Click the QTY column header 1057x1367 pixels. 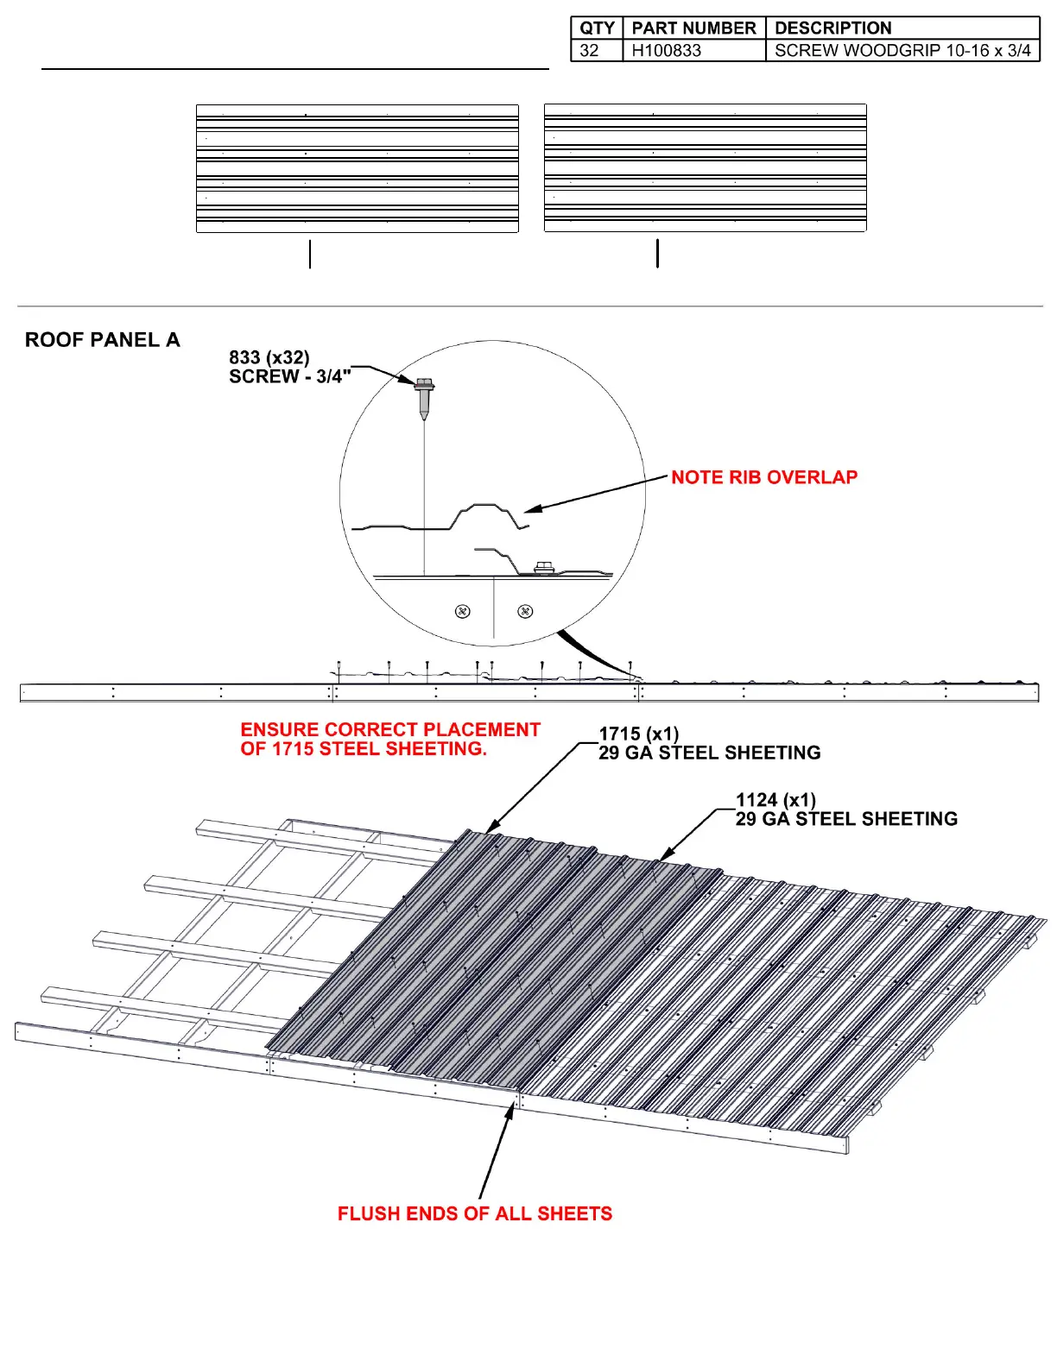tap(597, 28)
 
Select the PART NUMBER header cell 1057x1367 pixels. tap(693, 28)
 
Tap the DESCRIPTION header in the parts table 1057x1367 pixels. tap(832, 28)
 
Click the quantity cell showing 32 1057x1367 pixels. tap(590, 50)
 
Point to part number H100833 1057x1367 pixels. tap(666, 50)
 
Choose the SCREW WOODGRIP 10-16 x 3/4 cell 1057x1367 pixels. tap(902, 50)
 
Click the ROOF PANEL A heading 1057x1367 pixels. tap(102, 340)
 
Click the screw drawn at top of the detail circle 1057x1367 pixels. tap(424, 397)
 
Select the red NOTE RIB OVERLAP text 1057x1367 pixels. tap(764, 477)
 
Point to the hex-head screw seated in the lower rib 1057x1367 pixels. tap(544, 567)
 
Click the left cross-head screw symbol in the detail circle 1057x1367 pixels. tap(463, 611)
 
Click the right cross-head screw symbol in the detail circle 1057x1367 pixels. tap(525, 611)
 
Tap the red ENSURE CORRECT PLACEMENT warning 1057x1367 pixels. tap(390, 740)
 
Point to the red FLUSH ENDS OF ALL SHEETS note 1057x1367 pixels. tap(474, 1213)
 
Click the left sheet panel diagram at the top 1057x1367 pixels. tap(358, 168)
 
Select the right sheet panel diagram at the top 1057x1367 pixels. tap(705, 168)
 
